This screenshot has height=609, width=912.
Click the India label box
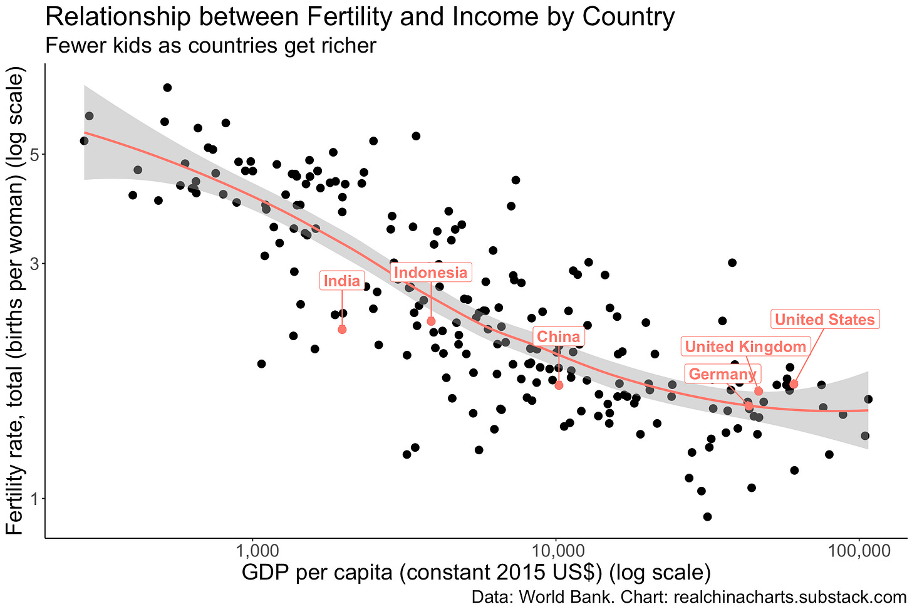pos(341,281)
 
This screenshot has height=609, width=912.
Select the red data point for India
pos(342,329)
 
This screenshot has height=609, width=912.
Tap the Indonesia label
pos(430,273)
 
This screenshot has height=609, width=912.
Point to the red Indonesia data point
pos(431,321)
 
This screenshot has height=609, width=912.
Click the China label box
pos(558,336)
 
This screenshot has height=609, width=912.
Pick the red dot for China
pos(559,385)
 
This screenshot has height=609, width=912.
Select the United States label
pos(824,320)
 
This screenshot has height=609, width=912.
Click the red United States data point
pos(794,383)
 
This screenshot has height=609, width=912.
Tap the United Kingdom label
pos(745,346)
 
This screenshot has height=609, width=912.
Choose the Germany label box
pos(722,375)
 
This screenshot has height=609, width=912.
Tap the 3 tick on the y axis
pos(34,264)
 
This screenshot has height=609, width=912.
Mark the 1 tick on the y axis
pos(34,499)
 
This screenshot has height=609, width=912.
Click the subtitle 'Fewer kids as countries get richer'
pos(210,45)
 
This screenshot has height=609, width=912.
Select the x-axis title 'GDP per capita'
pos(313,573)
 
